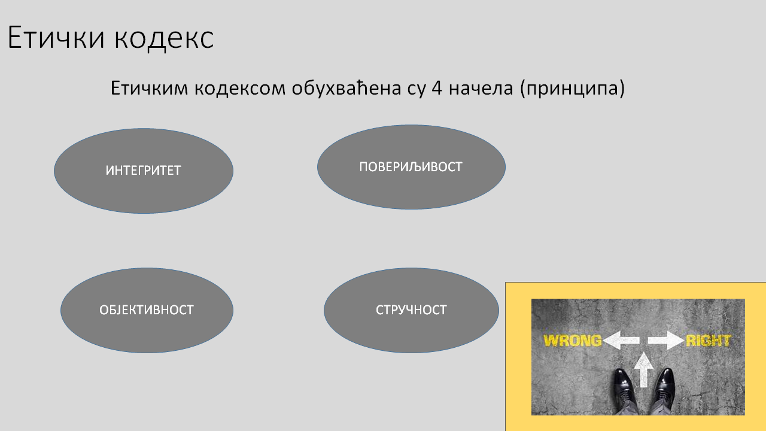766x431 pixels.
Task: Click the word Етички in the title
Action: point(56,37)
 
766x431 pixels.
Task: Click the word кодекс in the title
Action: point(164,38)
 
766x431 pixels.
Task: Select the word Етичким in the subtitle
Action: point(149,88)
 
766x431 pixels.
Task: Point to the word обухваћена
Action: point(346,88)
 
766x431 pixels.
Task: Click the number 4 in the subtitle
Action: point(437,88)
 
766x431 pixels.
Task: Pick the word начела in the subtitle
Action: point(481,89)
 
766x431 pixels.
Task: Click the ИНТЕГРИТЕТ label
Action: point(143,171)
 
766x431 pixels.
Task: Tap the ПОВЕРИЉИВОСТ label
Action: point(411,167)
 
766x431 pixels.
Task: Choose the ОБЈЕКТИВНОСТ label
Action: point(147,310)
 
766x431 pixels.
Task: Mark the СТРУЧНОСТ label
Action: point(411,310)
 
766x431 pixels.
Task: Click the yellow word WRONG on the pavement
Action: point(573,341)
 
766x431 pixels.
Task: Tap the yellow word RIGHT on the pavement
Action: point(708,341)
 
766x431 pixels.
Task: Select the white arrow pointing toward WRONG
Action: point(621,341)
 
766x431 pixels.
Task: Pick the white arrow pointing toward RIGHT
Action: point(666,341)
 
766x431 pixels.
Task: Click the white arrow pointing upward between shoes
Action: point(644,370)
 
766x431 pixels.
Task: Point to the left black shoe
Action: point(624,389)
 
